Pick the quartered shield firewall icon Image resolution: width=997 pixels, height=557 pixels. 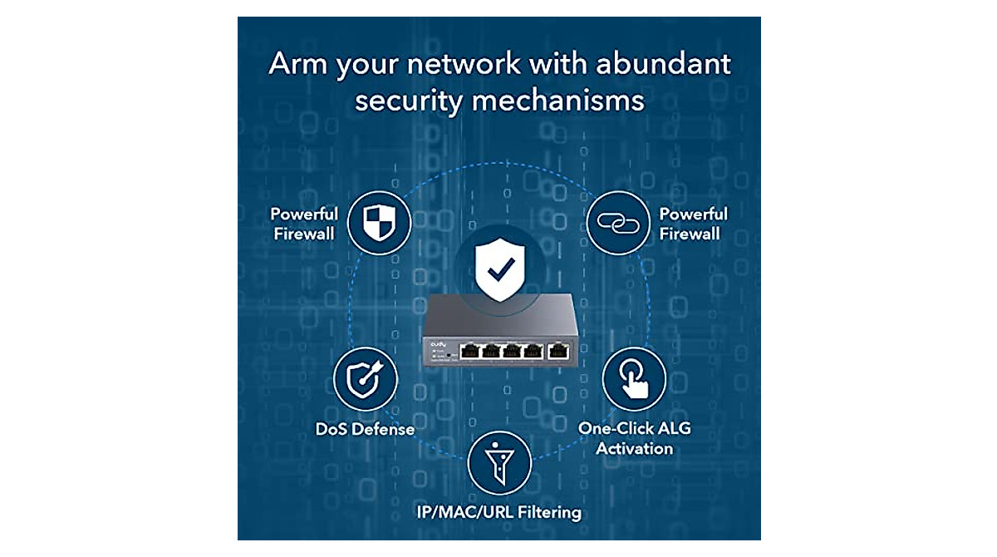(x=378, y=221)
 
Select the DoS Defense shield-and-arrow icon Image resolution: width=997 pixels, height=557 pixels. (x=366, y=379)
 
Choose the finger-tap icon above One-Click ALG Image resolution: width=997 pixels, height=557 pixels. (x=633, y=379)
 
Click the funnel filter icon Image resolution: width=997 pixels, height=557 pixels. (x=498, y=462)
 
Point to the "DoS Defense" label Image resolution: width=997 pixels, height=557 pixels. (x=365, y=430)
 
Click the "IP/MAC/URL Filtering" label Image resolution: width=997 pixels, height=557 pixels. (x=498, y=512)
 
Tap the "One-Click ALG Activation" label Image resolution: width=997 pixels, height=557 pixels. (x=634, y=438)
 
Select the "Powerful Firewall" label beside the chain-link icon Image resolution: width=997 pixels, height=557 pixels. (x=693, y=224)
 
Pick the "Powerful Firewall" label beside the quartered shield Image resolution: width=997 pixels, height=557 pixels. (x=304, y=224)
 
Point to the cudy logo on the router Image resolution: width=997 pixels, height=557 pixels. (x=439, y=343)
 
